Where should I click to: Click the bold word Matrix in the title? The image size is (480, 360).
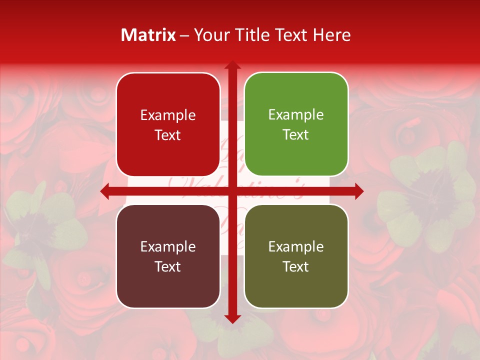148,35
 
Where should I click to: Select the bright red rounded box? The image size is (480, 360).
168,124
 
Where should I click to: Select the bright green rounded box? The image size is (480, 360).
296,124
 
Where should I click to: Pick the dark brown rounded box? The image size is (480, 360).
168,256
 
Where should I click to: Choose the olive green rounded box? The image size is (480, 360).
296,256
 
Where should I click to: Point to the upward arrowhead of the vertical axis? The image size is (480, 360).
232,65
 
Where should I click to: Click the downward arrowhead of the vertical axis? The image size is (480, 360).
232,318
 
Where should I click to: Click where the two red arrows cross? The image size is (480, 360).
232,191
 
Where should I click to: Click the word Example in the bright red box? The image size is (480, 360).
168,115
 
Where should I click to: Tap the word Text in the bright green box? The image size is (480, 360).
296,135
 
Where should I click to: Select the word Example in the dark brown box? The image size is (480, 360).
168,247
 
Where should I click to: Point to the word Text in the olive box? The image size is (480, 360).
296,267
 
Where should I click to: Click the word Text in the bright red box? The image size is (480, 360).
168,135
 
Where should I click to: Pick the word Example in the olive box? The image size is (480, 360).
296,247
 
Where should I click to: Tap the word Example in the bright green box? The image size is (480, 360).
296,115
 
